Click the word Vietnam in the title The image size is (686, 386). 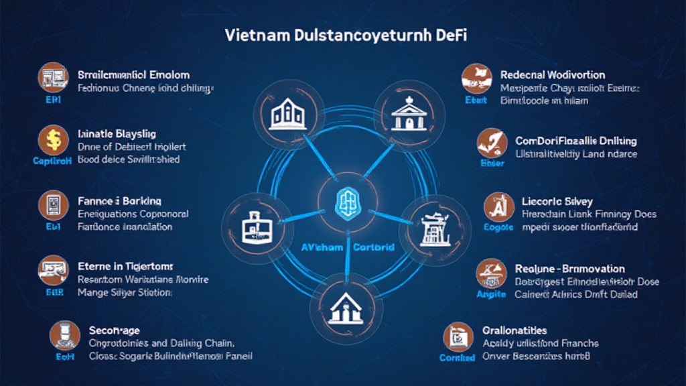click(x=257, y=35)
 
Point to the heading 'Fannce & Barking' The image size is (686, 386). click(x=120, y=200)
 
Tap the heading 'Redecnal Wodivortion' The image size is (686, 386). click(x=553, y=74)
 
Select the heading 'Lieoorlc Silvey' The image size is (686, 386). click(x=557, y=201)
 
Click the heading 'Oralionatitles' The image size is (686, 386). click(x=514, y=330)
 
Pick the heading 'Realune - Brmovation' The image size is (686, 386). click(x=569, y=268)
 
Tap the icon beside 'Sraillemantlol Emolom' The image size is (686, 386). click(x=52, y=77)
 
